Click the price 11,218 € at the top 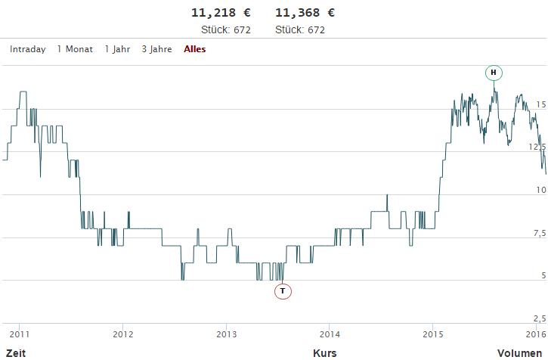pyautogui.click(x=221, y=13)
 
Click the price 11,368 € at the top pyautogui.click(x=305, y=13)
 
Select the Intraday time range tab pyautogui.click(x=28, y=49)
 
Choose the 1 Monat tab pyautogui.click(x=75, y=49)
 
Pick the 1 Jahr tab pyautogui.click(x=117, y=49)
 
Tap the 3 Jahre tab pyautogui.click(x=156, y=49)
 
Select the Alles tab pyautogui.click(x=195, y=49)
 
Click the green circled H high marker pyautogui.click(x=494, y=73)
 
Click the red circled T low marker pyautogui.click(x=283, y=290)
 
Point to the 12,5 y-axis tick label pyautogui.click(x=537, y=147)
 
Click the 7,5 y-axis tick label pyautogui.click(x=538, y=232)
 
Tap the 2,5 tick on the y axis pyautogui.click(x=538, y=318)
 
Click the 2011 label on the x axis pyautogui.click(x=19, y=334)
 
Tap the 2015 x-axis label pyautogui.click(x=433, y=334)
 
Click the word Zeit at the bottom pyautogui.click(x=16, y=352)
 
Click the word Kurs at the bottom pyautogui.click(x=325, y=352)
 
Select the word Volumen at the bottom pyautogui.click(x=522, y=352)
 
